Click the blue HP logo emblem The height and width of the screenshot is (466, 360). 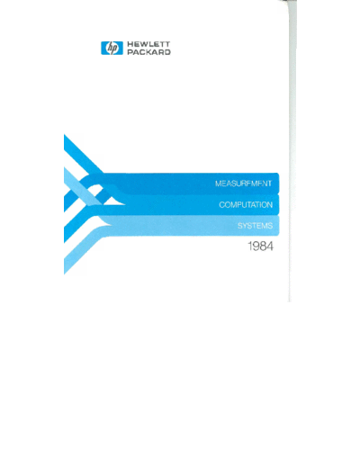click(112, 48)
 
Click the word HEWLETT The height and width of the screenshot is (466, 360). click(148, 44)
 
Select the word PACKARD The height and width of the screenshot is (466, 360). click(148, 52)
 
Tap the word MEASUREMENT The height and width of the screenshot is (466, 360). click(243, 184)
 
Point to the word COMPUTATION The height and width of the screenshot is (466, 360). click(246, 205)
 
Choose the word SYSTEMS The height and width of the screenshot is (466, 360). click(255, 226)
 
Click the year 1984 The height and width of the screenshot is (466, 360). click(260, 246)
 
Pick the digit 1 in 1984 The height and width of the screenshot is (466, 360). click(249, 246)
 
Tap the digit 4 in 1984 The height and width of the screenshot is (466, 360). click(270, 246)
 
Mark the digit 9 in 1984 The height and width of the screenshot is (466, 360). click(256, 246)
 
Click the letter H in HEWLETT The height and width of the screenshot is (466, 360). click(130, 44)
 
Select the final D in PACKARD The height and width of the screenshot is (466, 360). click(167, 52)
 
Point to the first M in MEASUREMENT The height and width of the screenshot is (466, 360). click(218, 184)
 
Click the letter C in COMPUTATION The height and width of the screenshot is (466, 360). click(222, 205)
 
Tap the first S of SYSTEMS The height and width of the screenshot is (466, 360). click(240, 226)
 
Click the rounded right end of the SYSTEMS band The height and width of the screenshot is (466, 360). click(279, 226)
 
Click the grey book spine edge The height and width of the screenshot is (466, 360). click(292, 150)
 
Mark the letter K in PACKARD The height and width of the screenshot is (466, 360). click(149, 52)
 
